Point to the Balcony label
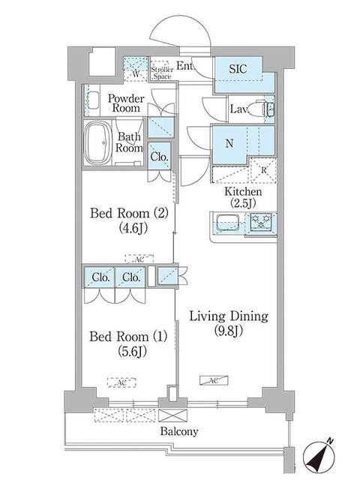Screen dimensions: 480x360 (x=178, y=431)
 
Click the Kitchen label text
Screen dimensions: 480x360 (x=243, y=192)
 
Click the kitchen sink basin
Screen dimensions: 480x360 (x=226, y=222)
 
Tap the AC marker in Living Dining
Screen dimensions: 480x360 (x=211, y=380)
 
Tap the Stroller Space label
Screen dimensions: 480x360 (x=161, y=72)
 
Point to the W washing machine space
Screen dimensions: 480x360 (x=135, y=71)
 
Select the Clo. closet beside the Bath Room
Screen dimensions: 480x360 (x=159, y=157)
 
